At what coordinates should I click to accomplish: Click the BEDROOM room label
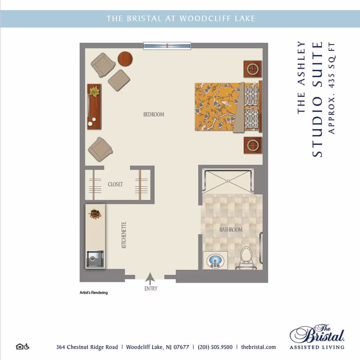click(153, 114)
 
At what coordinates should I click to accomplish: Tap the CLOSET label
click(115, 184)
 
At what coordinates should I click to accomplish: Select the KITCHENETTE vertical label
click(124, 234)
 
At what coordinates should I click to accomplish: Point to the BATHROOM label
click(231, 229)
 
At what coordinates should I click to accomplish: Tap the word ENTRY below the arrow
click(151, 288)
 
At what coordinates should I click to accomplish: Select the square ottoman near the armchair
click(119, 79)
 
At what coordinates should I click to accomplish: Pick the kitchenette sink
click(95, 259)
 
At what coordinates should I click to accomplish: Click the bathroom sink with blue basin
click(215, 261)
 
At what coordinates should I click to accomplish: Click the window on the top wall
click(167, 45)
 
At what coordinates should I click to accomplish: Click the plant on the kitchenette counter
click(95, 214)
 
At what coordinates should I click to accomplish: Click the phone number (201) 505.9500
click(215, 347)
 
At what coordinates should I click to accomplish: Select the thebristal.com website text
click(258, 347)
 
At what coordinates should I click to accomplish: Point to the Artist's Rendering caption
click(94, 292)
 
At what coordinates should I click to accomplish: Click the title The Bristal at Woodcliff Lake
click(181, 18)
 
